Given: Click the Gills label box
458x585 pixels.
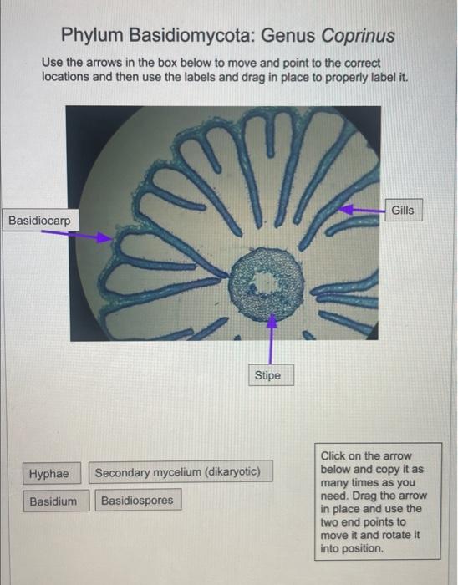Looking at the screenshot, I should (x=402, y=211).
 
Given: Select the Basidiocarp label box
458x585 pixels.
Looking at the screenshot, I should (x=39, y=221).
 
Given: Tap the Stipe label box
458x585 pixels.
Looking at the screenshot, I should (x=267, y=375).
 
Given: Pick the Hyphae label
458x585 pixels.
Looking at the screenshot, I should (x=49, y=473).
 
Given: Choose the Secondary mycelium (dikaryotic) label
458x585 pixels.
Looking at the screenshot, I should (x=177, y=473).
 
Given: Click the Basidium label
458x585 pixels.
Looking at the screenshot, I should (x=53, y=501).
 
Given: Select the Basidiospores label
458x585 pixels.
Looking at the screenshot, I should (x=137, y=501).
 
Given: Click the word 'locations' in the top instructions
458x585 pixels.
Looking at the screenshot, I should (x=69, y=76).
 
